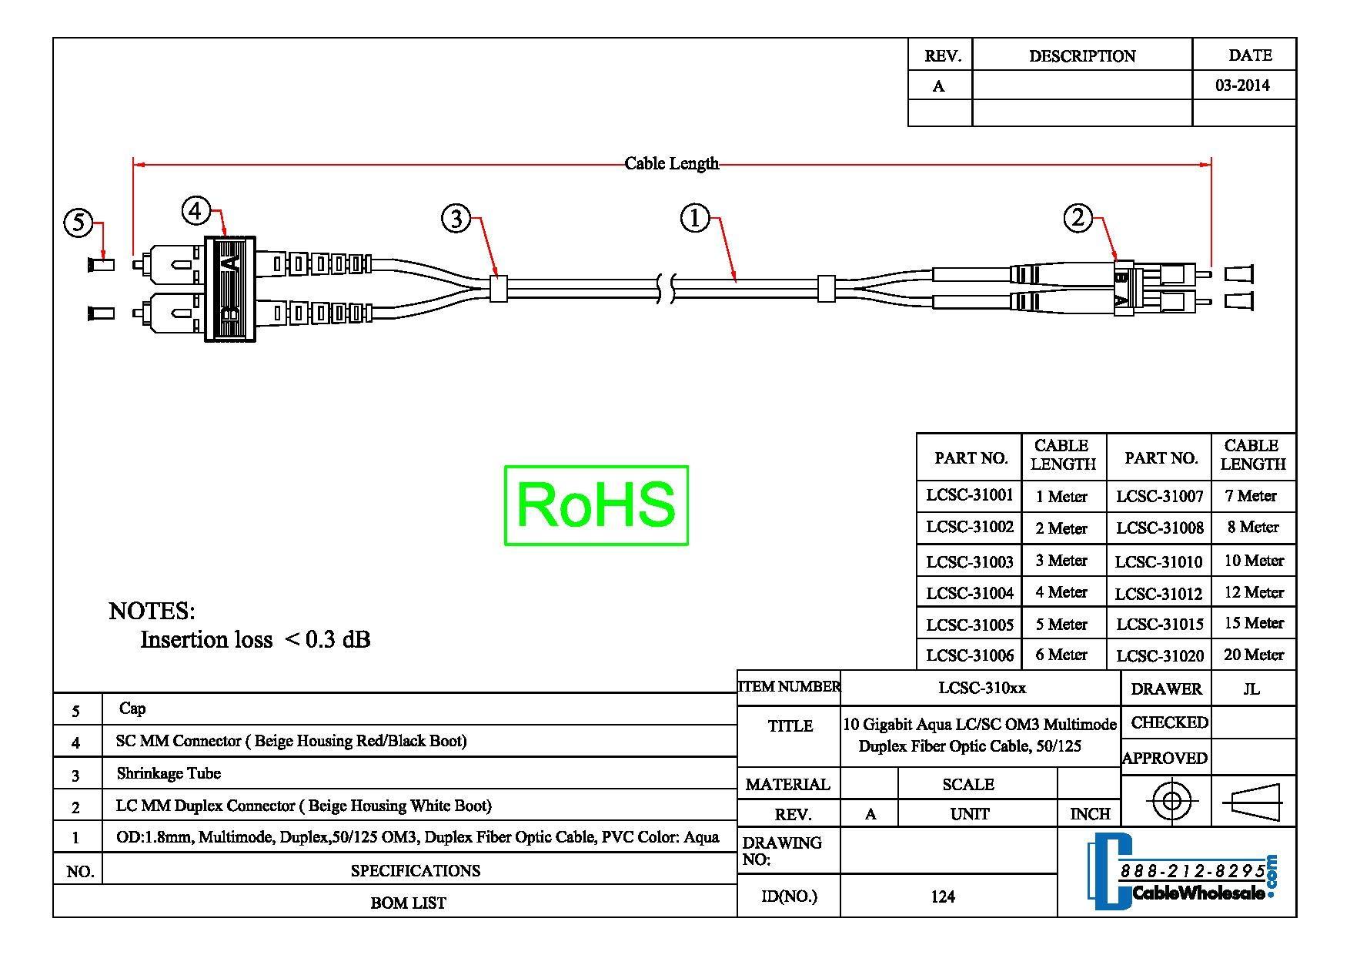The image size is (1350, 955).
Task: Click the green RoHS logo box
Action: (x=596, y=505)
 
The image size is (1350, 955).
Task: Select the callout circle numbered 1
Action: (x=694, y=218)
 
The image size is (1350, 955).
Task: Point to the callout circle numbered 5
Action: (x=78, y=223)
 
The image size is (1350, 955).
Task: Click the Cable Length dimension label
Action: (x=671, y=163)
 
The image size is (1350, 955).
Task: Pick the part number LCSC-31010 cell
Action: (x=1158, y=561)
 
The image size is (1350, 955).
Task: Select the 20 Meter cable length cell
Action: (x=1253, y=655)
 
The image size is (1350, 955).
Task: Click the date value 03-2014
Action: (x=1242, y=85)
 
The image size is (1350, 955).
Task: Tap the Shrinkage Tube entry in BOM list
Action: (x=169, y=773)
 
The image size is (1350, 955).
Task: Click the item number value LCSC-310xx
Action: (x=981, y=688)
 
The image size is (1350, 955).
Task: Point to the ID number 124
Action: (x=942, y=896)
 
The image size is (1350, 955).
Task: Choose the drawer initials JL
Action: (x=1251, y=689)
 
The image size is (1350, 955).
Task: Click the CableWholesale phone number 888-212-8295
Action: (x=1191, y=872)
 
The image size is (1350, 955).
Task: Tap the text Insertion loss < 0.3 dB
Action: (x=255, y=639)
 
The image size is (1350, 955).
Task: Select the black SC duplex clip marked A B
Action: (x=229, y=289)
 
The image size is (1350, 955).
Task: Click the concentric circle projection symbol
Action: (x=1171, y=801)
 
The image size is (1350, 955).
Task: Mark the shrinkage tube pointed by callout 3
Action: (x=498, y=288)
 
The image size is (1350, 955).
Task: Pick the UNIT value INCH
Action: (x=1089, y=814)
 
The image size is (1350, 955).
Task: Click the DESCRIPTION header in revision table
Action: (x=1081, y=56)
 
